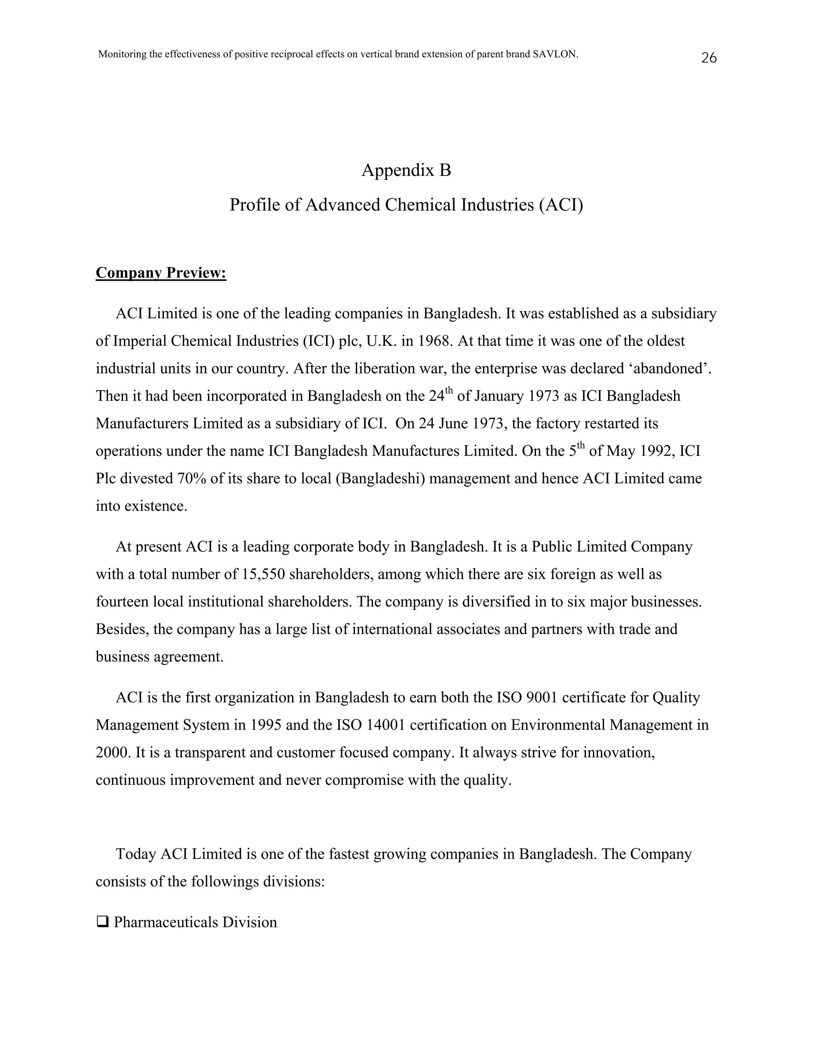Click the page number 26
click(709, 58)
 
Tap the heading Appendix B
click(406, 170)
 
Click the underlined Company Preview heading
click(161, 273)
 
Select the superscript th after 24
click(449, 390)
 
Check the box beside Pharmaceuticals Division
click(102, 922)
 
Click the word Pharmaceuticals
click(166, 922)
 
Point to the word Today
click(136, 854)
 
